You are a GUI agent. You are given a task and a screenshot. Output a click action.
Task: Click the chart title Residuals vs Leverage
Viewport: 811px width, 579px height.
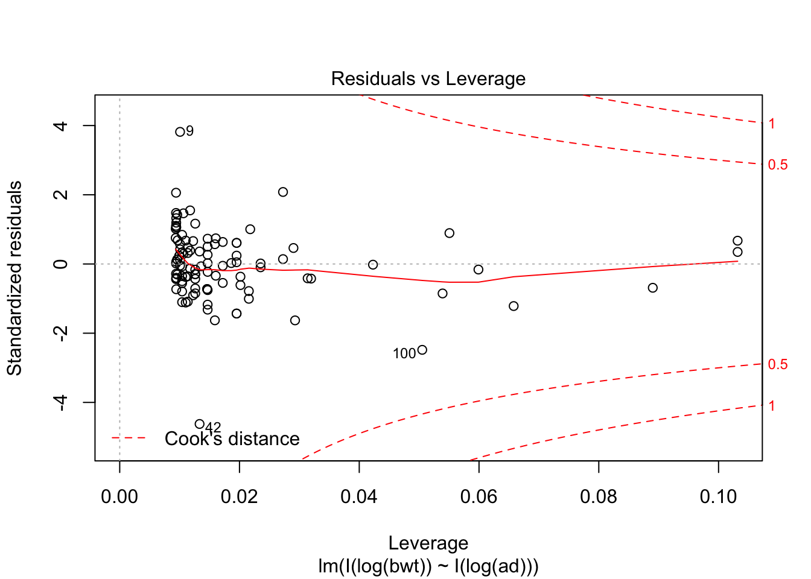click(428, 79)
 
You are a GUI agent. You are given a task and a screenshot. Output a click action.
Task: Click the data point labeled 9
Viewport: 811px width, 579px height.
click(180, 131)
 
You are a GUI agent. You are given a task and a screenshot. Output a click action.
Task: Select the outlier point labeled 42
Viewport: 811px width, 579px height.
click(200, 424)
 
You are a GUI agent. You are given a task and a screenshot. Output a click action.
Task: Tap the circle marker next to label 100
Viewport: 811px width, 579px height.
click(422, 350)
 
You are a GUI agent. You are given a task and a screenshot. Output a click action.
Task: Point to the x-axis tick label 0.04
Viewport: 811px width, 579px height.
click(359, 497)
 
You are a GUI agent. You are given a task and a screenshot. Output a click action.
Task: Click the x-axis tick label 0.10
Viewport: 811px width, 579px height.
click(718, 497)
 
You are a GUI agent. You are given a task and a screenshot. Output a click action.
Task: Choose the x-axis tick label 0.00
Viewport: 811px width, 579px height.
click(119, 497)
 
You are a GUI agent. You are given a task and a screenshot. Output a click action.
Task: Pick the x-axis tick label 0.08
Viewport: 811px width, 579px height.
click(599, 497)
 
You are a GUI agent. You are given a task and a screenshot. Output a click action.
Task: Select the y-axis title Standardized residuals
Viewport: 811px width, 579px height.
click(14, 278)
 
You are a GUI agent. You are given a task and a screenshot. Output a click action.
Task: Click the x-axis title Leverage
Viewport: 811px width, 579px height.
click(428, 543)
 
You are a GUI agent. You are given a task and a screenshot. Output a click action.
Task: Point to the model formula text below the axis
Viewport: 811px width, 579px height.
click(428, 566)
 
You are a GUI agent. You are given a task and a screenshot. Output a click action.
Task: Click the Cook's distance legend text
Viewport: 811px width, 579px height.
click(232, 438)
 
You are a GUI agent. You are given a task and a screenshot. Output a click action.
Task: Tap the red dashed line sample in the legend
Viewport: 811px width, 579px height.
click(129, 438)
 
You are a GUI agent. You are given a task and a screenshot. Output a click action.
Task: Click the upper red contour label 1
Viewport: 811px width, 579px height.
click(772, 124)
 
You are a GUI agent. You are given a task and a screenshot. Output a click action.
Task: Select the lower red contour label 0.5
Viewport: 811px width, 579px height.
click(778, 364)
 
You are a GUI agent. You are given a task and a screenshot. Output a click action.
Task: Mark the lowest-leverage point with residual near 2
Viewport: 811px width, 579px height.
click(176, 193)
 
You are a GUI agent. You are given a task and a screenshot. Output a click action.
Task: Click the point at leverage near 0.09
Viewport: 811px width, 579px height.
click(652, 288)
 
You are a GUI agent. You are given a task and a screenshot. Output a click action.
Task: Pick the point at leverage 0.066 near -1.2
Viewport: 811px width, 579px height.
click(514, 306)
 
